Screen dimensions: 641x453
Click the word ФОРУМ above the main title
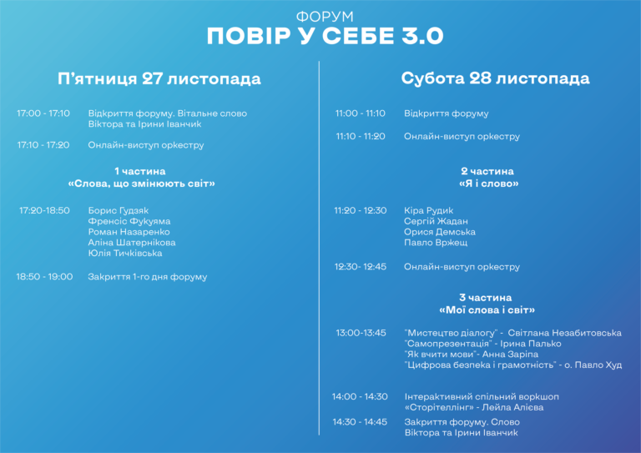pyautogui.click(x=325, y=17)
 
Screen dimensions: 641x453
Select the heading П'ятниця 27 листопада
pyautogui.click(x=159, y=78)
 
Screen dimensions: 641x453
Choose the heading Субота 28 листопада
pyautogui.click(x=495, y=78)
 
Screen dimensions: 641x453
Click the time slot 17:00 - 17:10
pyautogui.click(x=43, y=113)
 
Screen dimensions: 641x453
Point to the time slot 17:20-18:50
pyautogui.click(x=44, y=210)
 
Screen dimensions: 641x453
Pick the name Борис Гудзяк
pyautogui.click(x=119, y=211)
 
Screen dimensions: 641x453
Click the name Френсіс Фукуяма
pyautogui.click(x=129, y=221)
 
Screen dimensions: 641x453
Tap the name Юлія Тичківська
pyautogui.click(x=125, y=254)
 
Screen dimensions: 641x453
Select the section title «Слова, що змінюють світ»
pyautogui.click(x=141, y=184)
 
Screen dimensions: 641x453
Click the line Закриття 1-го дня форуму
pyautogui.click(x=148, y=277)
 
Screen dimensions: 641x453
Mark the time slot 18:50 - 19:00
pyautogui.click(x=44, y=276)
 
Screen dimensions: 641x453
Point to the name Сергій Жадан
pyautogui.click(x=436, y=221)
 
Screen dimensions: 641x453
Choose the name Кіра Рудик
pyautogui.click(x=428, y=211)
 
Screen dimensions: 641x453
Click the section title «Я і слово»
pyautogui.click(x=488, y=184)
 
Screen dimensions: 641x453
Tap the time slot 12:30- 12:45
pyautogui.click(x=361, y=267)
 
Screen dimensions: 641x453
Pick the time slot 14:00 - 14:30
pyautogui.click(x=360, y=396)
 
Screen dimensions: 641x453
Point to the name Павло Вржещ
pyautogui.click(x=436, y=243)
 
